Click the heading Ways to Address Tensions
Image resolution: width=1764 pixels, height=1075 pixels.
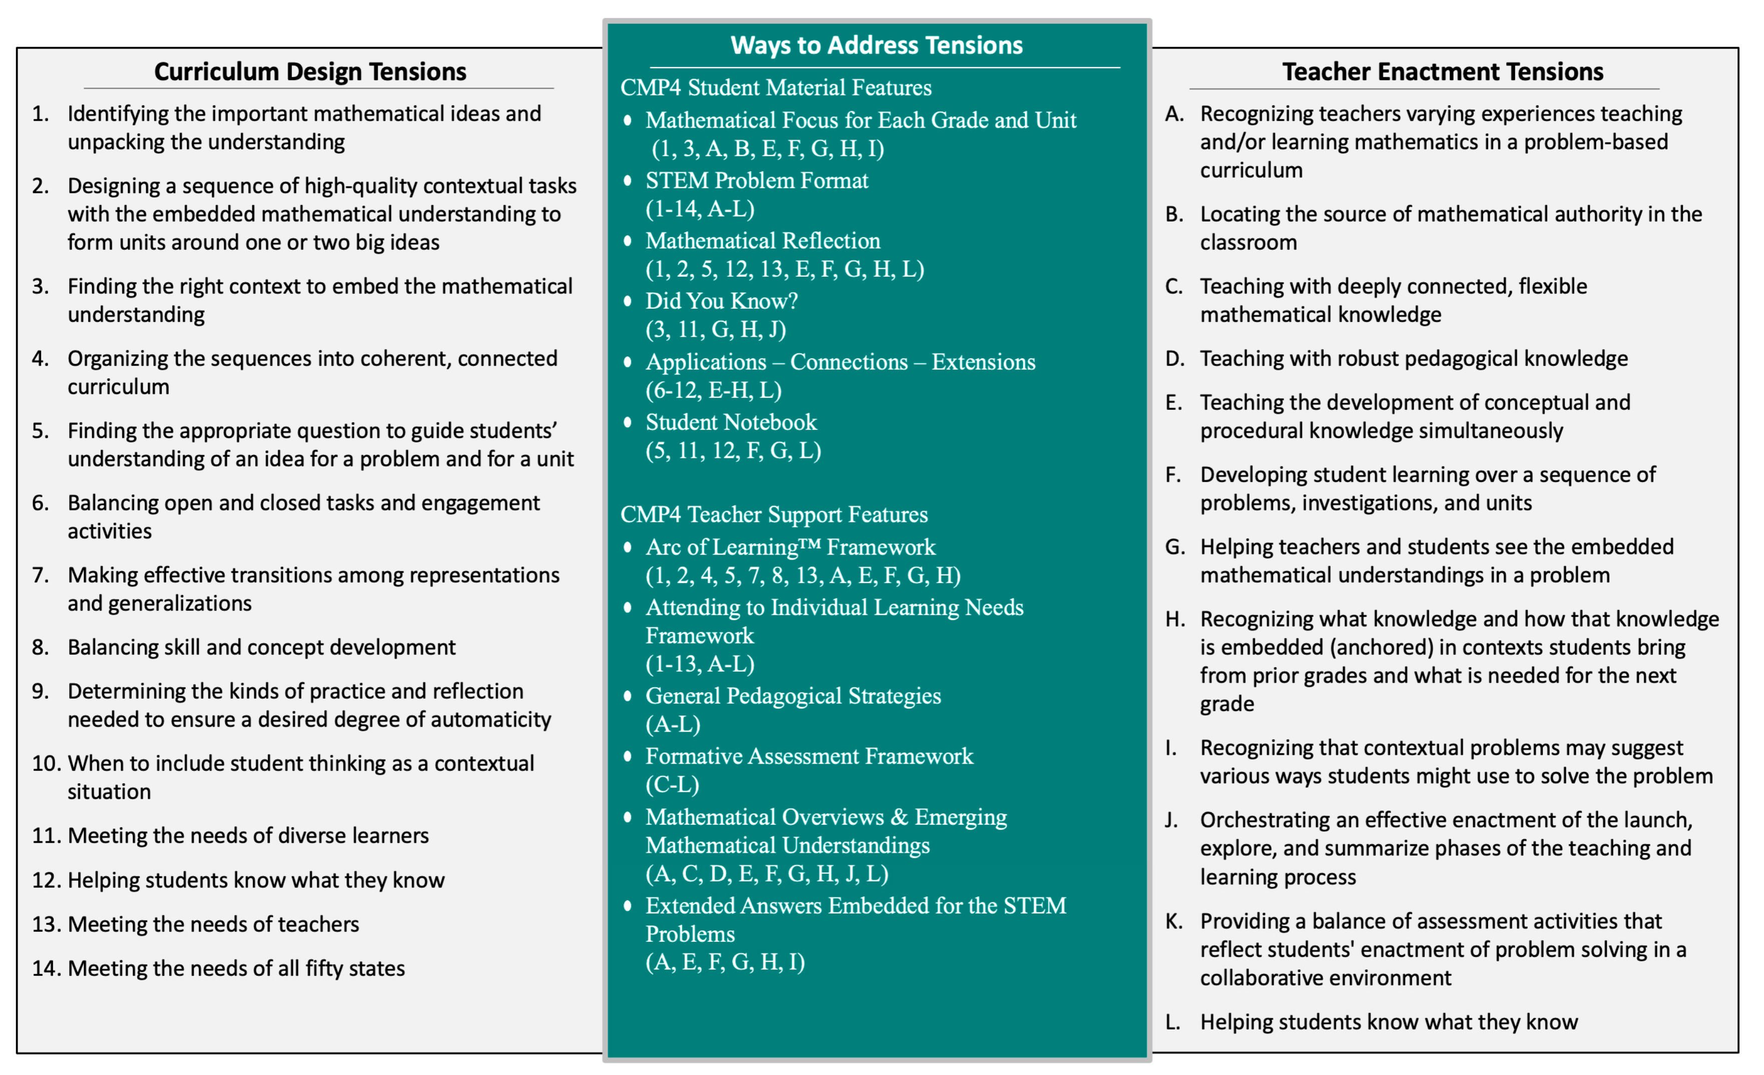[x=876, y=45]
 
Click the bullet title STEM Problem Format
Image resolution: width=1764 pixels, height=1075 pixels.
[x=757, y=180]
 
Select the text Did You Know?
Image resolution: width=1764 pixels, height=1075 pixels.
[x=722, y=301]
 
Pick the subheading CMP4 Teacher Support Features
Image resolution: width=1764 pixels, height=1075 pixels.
[x=774, y=514]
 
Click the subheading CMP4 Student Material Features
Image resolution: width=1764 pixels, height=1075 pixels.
[x=776, y=87]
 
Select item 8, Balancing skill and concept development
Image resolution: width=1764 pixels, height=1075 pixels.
[x=261, y=647]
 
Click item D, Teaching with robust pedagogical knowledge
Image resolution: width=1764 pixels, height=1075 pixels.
[x=1413, y=358]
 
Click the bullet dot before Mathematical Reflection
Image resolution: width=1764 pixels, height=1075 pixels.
[x=628, y=241]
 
